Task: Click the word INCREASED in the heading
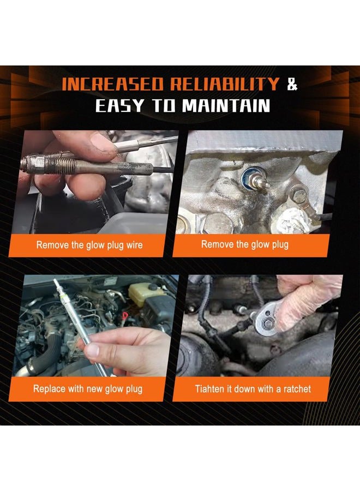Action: click(x=113, y=83)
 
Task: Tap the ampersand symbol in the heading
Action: click(x=292, y=83)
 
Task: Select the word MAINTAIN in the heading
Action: click(x=226, y=105)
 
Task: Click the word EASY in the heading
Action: click(x=120, y=105)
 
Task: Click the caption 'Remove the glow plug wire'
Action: click(x=89, y=245)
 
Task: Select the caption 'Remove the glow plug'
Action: click(x=244, y=244)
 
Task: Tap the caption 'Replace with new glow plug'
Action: click(x=88, y=389)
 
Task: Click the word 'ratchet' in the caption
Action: click(x=297, y=389)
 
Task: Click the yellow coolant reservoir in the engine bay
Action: click(x=145, y=294)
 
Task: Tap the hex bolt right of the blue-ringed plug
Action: click(x=299, y=196)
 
